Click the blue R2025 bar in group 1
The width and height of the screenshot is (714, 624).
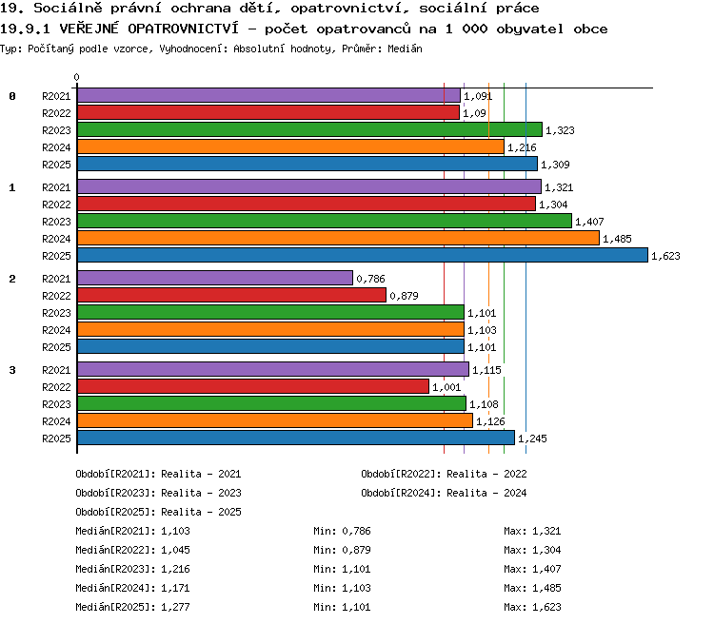(x=363, y=255)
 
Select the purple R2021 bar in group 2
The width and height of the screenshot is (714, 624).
(x=215, y=278)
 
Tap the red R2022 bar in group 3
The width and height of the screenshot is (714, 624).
(x=253, y=386)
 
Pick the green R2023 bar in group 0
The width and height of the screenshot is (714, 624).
(x=309, y=129)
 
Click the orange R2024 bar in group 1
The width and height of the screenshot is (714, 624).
(x=338, y=238)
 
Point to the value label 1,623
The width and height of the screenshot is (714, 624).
(x=665, y=256)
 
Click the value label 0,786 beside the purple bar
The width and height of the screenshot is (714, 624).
(x=370, y=279)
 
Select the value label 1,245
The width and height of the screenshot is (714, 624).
(x=532, y=439)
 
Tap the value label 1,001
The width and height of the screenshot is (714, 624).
(x=446, y=387)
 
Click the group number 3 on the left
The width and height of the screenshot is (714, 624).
(x=12, y=370)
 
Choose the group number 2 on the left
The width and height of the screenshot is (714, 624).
(x=12, y=279)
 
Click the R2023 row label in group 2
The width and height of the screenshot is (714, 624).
(x=56, y=313)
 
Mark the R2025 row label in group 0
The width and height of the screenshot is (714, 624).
(x=56, y=165)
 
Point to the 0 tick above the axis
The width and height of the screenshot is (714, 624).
(x=76, y=77)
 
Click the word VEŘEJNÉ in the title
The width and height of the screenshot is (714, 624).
(x=89, y=29)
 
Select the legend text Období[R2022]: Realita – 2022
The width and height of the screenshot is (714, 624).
(x=444, y=474)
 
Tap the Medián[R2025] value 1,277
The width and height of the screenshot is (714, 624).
(x=175, y=607)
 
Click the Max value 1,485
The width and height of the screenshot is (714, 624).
(x=546, y=588)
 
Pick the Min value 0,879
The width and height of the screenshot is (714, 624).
(x=357, y=550)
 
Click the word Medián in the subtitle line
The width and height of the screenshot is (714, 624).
(x=405, y=49)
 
